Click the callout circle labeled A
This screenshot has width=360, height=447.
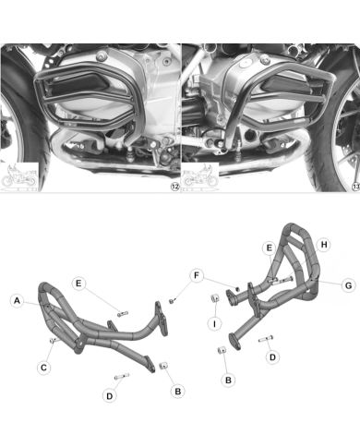coord(18,300)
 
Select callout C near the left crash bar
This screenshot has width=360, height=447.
coord(43,367)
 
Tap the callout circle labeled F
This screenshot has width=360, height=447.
coord(197,274)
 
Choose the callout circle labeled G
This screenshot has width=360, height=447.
coord(348,285)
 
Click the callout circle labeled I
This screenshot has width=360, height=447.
coord(213,323)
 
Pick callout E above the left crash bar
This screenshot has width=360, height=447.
coord(80,282)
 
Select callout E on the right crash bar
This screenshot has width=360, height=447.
coord(269,249)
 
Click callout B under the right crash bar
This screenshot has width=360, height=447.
coord(228,379)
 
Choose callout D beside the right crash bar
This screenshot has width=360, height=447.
coord(270,356)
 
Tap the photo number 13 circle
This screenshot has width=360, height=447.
coord(352,186)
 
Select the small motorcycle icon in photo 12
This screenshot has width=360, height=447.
coord(19,177)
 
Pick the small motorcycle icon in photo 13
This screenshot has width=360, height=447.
coord(199,177)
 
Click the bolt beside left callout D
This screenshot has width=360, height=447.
coord(122,376)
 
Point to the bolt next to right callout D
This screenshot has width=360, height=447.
coord(268,338)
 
